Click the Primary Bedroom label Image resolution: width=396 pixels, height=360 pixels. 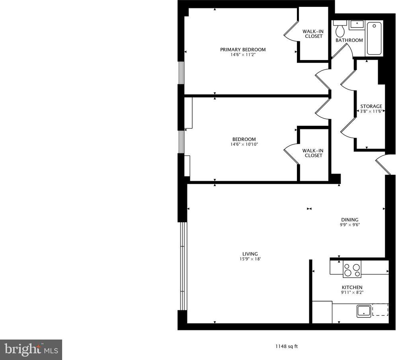(243, 49)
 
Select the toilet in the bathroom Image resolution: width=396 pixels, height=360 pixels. (340, 29)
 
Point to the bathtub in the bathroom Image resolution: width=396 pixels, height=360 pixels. (374, 38)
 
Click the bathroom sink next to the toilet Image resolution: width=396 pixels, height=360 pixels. (357, 25)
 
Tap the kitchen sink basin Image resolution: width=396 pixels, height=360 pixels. (364, 311)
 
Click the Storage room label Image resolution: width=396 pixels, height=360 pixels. (371, 106)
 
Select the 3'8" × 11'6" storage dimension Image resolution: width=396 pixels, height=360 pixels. (371, 111)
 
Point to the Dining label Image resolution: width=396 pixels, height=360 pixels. (350, 220)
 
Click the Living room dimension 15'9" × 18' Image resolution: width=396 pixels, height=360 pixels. (250, 259)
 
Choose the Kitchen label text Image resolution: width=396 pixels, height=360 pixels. (352, 288)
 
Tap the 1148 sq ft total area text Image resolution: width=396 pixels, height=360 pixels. (287, 346)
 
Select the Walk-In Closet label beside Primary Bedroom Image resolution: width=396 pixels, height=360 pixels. (313, 34)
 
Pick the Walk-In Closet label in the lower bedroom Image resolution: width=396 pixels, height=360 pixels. (313, 153)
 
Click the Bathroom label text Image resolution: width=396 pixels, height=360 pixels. (349, 40)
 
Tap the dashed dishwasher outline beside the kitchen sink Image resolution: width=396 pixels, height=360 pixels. (380, 310)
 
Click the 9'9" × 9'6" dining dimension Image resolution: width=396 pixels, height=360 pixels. (350, 225)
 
